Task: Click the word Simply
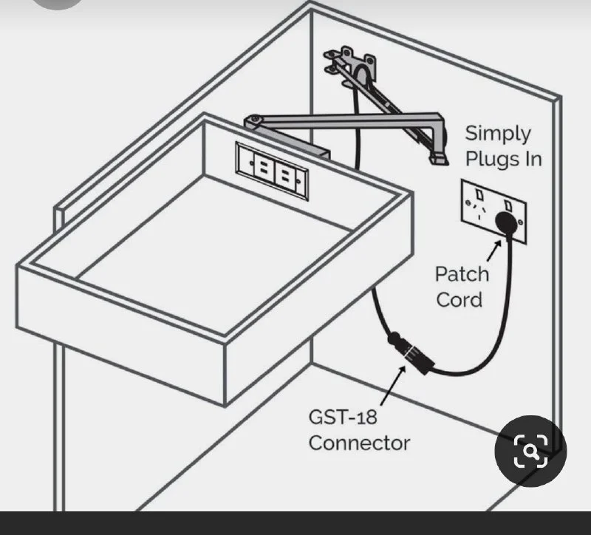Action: pos(498,134)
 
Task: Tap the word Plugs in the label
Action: pos(491,158)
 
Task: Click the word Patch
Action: pos(461,274)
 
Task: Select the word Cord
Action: pos(459,299)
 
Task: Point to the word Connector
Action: pos(359,443)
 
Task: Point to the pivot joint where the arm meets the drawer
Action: pos(255,120)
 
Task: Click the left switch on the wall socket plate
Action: pos(479,195)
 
